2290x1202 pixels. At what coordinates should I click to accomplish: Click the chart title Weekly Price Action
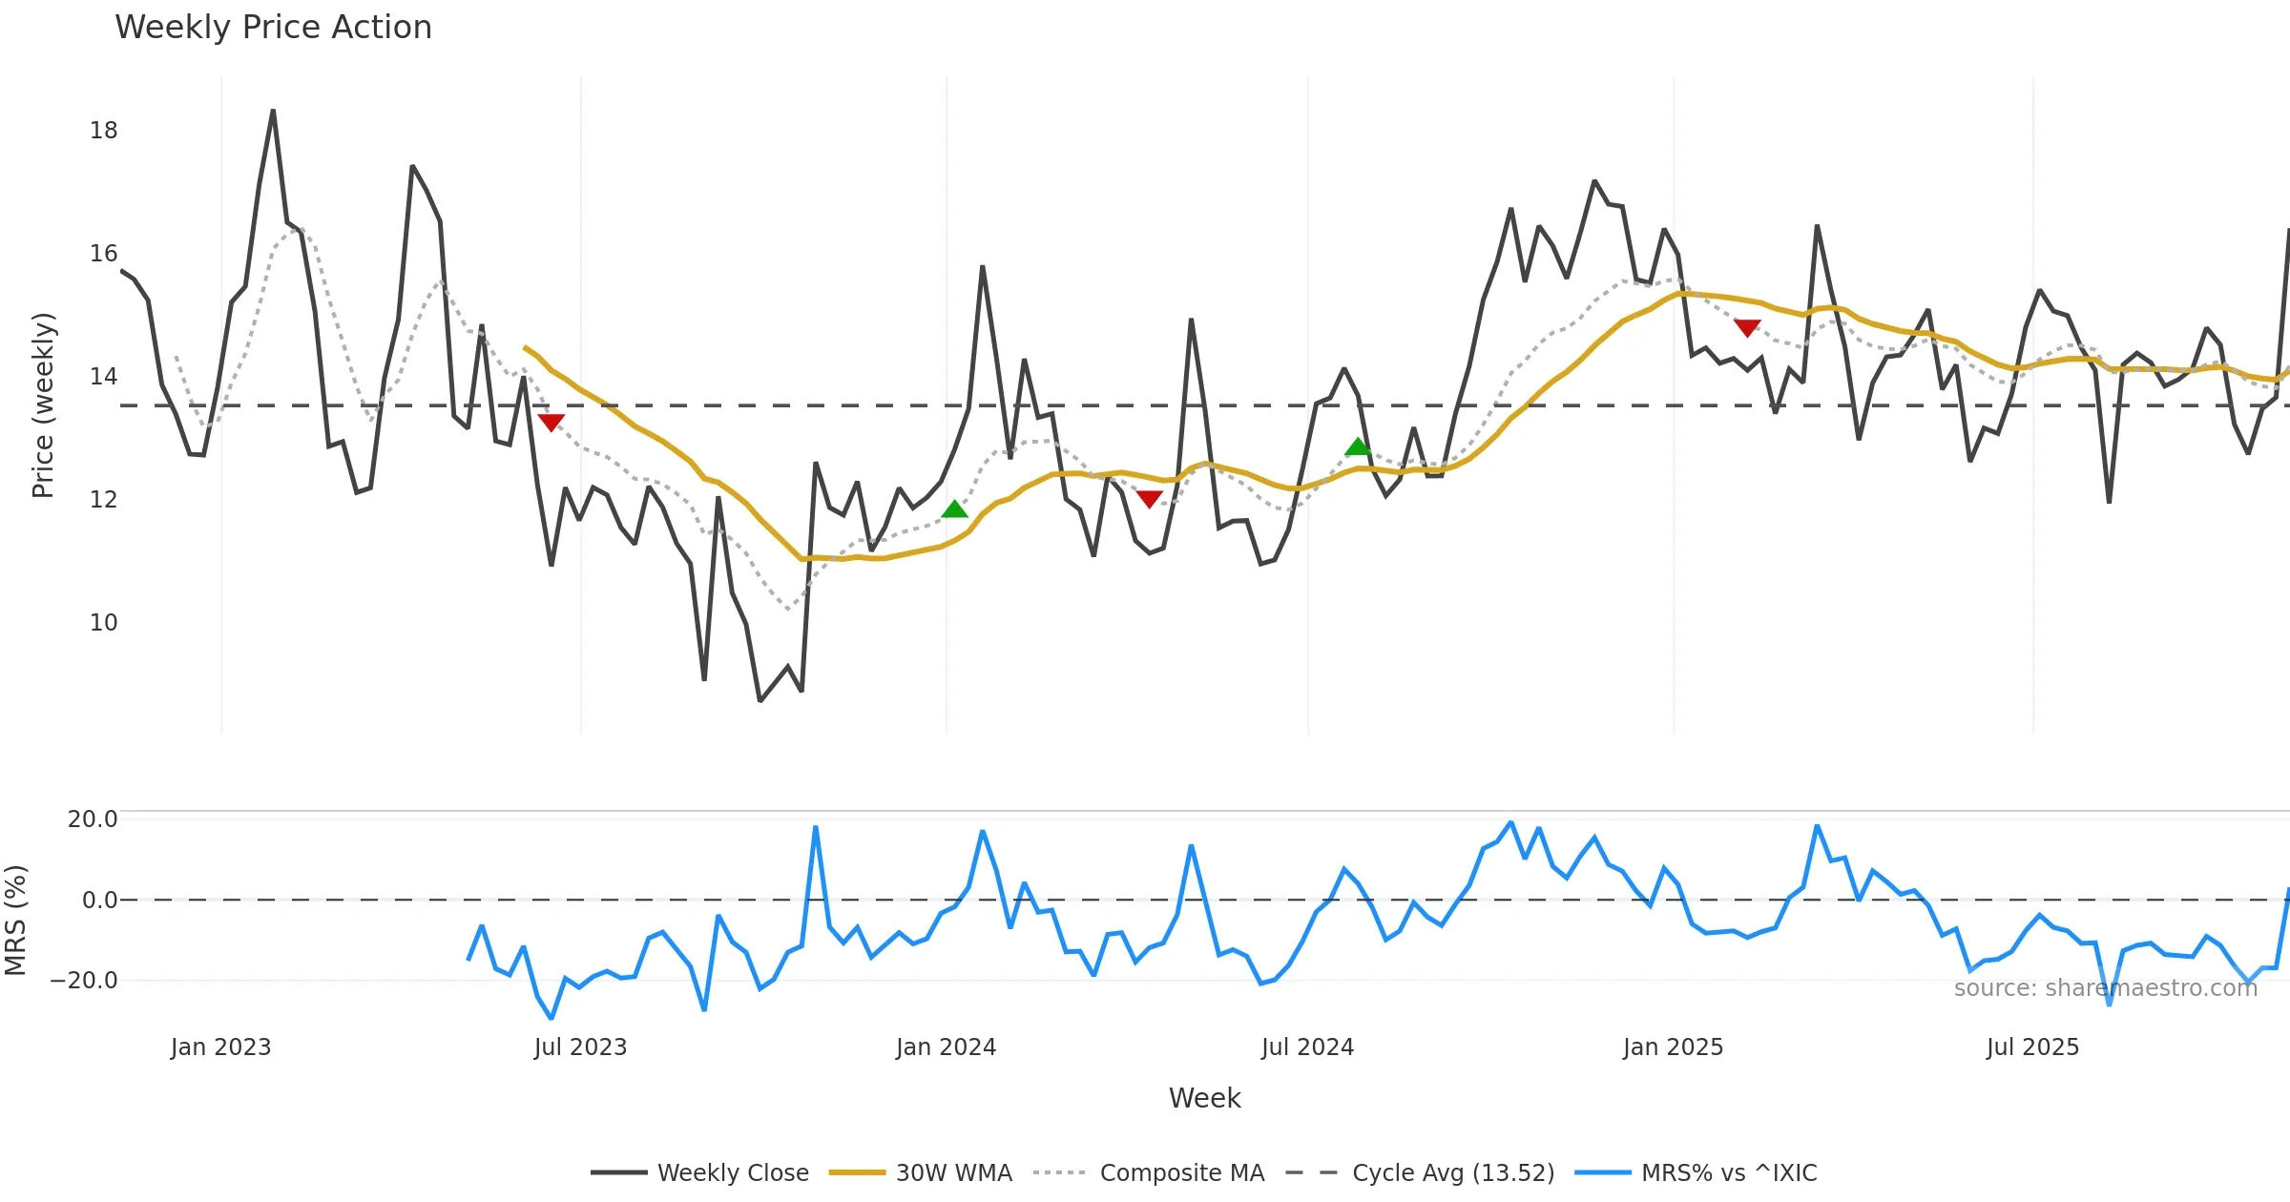[273, 28]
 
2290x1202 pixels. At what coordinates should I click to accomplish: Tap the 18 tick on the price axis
[103, 131]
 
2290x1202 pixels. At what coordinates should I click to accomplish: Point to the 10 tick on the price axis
[103, 623]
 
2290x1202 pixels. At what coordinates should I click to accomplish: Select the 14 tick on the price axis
[103, 377]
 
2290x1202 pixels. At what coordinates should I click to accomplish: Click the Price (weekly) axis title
[43, 405]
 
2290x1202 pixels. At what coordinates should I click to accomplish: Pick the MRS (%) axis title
[15, 921]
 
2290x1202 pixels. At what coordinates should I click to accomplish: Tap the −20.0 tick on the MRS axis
[84, 981]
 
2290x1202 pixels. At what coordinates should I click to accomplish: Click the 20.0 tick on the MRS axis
[93, 819]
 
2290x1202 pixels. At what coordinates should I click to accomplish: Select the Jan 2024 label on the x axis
[946, 1047]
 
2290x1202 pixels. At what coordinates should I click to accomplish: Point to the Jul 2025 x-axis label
[2032, 1047]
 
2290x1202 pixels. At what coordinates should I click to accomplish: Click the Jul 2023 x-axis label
[580, 1047]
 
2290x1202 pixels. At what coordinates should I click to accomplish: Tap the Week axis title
[1204, 1099]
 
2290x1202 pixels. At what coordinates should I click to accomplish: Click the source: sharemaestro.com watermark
[2105, 988]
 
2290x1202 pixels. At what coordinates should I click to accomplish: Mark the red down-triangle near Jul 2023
[551, 422]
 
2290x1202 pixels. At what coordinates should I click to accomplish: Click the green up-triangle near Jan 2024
[954, 509]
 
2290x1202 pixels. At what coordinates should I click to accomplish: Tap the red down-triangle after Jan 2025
[1746, 328]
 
